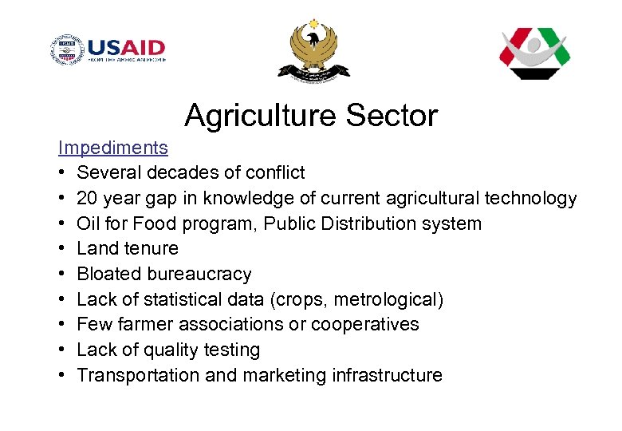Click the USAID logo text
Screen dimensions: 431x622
[x=127, y=48]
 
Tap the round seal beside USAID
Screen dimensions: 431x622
[x=67, y=50]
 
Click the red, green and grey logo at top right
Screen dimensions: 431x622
[x=534, y=52]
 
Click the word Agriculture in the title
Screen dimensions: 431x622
[x=260, y=116]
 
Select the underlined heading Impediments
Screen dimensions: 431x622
[x=112, y=148]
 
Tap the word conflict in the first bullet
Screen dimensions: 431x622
[x=275, y=172]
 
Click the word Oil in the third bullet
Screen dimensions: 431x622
[x=88, y=223]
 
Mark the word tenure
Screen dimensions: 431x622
[x=152, y=248]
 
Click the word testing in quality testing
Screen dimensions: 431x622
[x=231, y=350]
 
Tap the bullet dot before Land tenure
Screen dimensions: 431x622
[x=61, y=249]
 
